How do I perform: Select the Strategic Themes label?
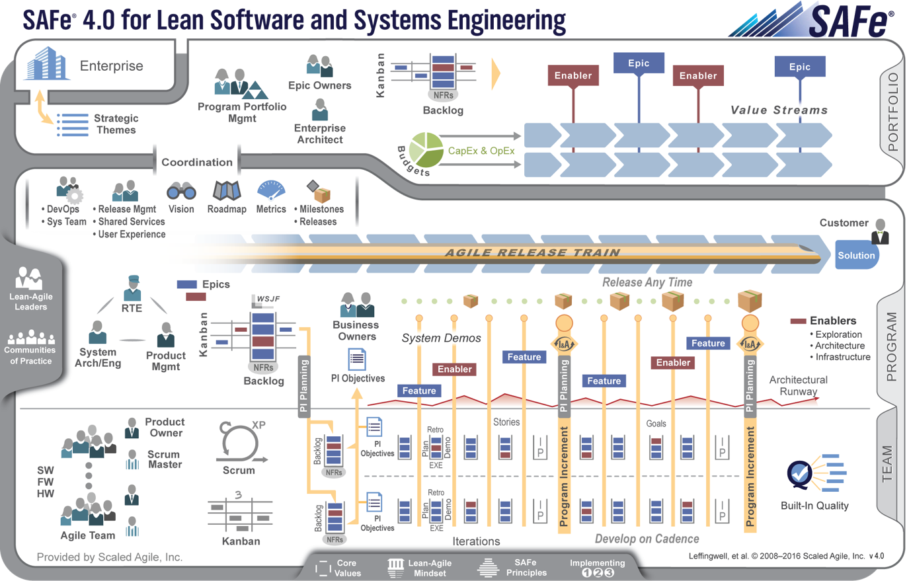[116, 124]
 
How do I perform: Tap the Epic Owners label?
[319, 85]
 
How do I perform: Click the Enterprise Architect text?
[320, 134]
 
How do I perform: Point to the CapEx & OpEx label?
[481, 151]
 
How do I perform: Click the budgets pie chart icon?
[426, 150]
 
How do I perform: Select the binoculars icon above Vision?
[181, 191]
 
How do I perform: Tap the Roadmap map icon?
[227, 190]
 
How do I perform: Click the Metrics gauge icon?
[271, 190]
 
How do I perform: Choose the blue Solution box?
[856, 255]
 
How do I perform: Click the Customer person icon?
[880, 231]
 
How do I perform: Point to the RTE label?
[132, 308]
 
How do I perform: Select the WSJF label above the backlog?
[268, 299]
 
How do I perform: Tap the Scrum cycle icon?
[238, 443]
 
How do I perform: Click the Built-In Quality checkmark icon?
[800, 474]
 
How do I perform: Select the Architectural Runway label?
[798, 385]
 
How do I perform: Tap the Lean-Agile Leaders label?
[31, 301]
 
